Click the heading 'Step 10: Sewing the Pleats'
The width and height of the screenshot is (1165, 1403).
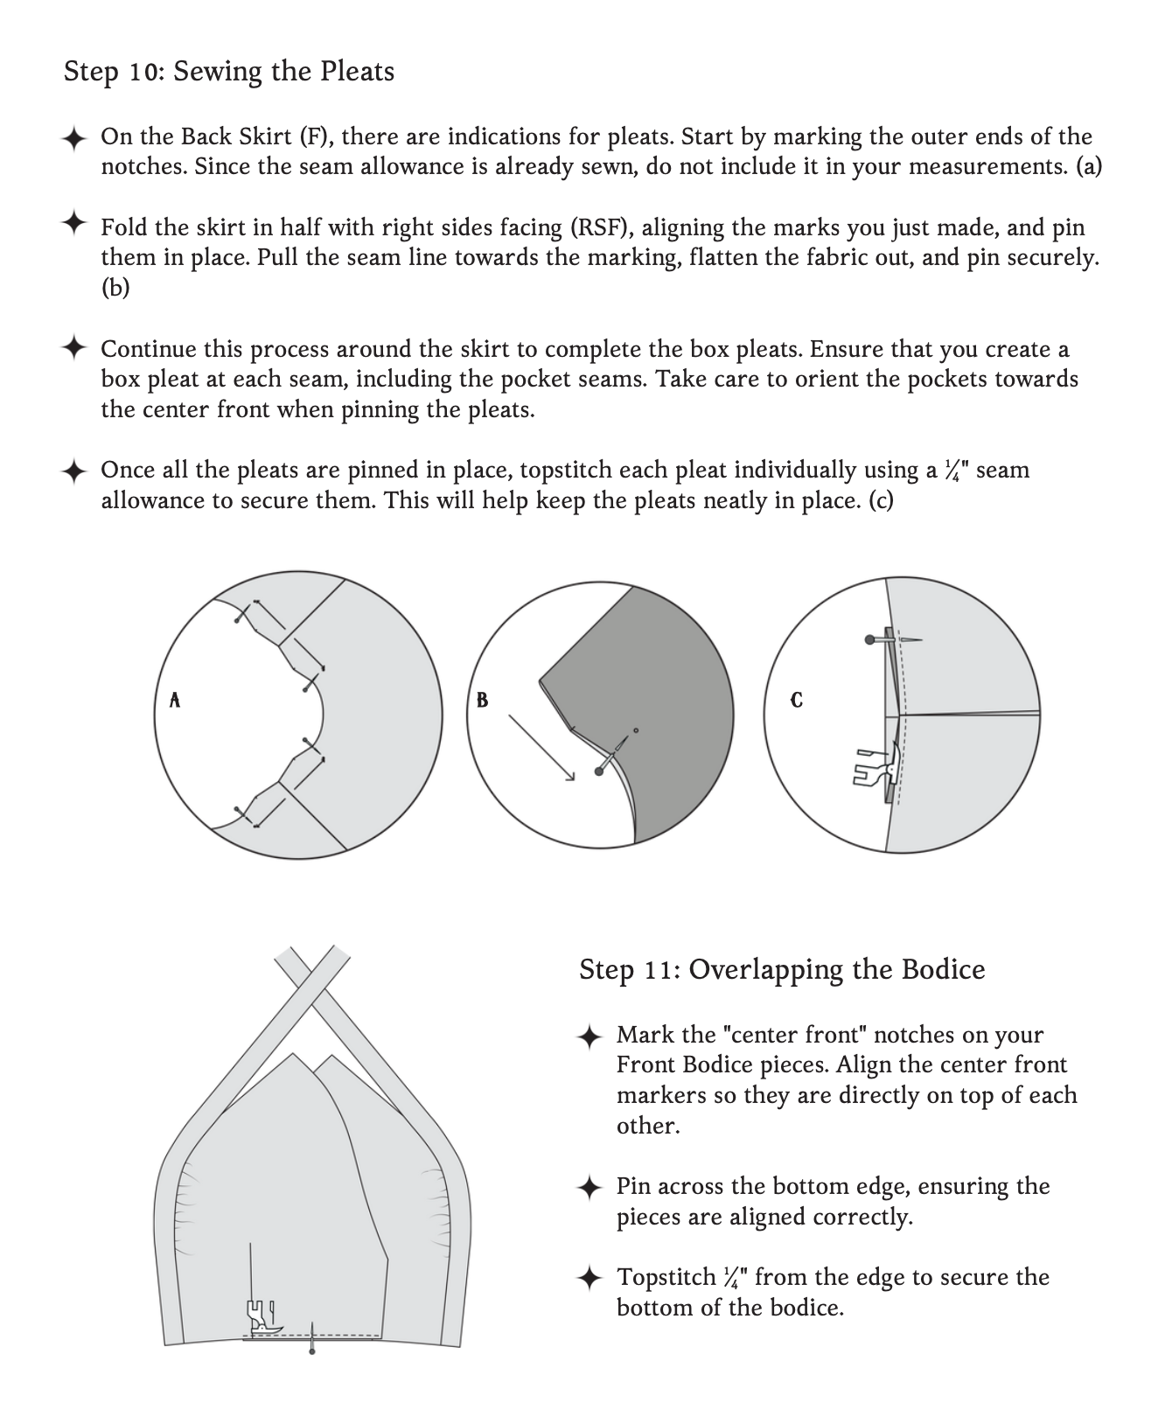coord(228,71)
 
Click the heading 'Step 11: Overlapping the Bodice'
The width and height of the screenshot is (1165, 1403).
coord(782,969)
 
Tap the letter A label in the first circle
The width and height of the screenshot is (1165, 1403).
coord(175,700)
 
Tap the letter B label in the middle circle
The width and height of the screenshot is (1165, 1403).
coord(482,700)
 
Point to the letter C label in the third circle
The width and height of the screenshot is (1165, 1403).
coord(796,701)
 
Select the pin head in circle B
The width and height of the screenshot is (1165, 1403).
coord(599,771)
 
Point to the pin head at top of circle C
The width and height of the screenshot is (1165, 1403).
coord(869,640)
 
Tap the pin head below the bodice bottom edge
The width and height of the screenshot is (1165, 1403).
coord(312,1352)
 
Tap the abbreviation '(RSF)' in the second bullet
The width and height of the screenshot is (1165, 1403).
coord(602,227)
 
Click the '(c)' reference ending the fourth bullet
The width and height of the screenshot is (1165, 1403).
coord(881,500)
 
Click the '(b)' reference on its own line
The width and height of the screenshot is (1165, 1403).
coord(115,288)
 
